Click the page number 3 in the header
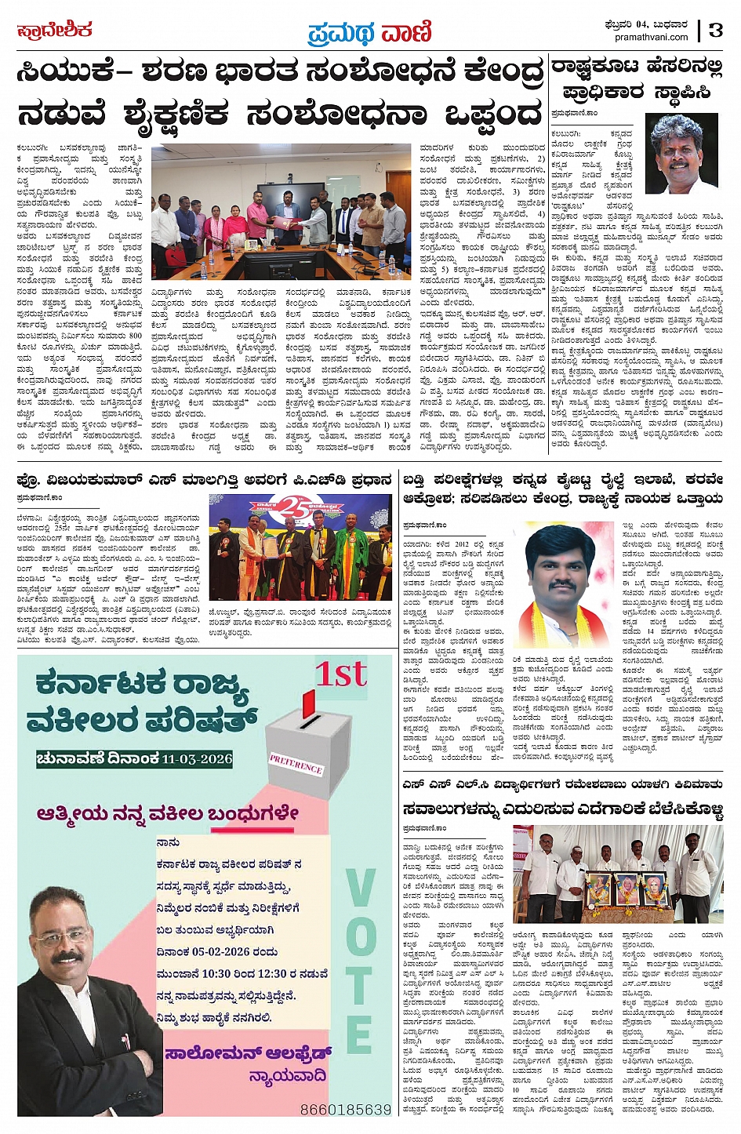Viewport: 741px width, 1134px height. click(x=715, y=31)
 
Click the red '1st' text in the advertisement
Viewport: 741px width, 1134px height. click(x=341, y=674)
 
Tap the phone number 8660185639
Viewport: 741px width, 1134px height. click(x=345, y=1110)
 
